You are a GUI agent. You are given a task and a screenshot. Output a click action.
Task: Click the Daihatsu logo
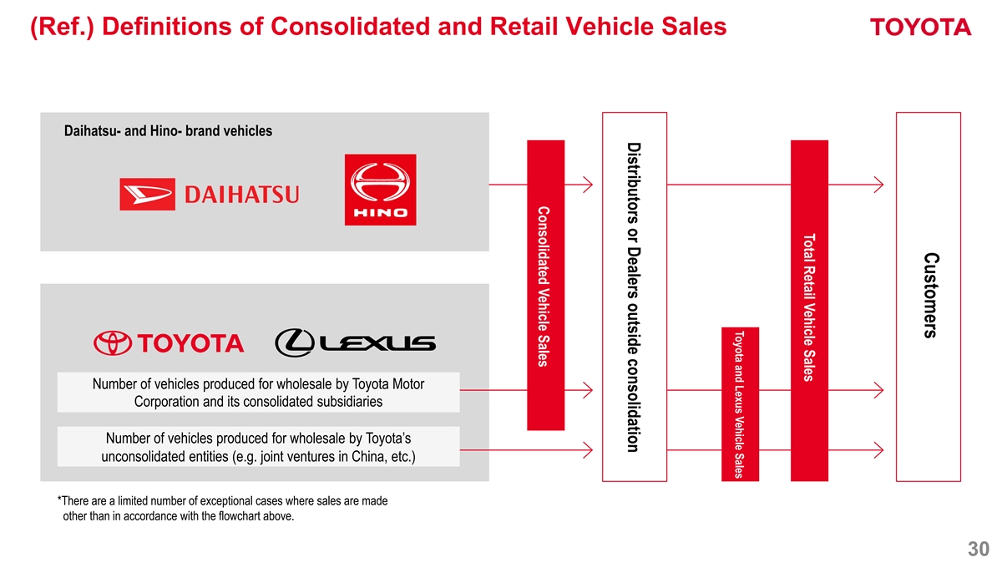(x=209, y=194)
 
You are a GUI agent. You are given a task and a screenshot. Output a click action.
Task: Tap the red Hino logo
(x=380, y=190)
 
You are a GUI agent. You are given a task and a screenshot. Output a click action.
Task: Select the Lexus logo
(x=355, y=343)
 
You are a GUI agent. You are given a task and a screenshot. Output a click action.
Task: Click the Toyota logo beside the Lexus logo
(x=168, y=343)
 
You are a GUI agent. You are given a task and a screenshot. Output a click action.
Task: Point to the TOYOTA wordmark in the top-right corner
(x=921, y=28)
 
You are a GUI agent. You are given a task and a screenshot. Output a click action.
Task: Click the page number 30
(x=978, y=549)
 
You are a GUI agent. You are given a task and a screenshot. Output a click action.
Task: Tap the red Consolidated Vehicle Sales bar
(x=546, y=284)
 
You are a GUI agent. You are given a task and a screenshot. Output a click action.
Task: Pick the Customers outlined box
(x=929, y=297)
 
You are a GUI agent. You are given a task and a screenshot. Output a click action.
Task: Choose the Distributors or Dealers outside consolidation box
(x=634, y=297)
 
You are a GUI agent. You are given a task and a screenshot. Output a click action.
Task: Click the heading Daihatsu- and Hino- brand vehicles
(x=168, y=131)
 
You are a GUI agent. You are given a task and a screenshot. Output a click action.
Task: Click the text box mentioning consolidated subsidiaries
(x=258, y=393)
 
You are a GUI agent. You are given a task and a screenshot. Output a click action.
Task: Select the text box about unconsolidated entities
(x=258, y=448)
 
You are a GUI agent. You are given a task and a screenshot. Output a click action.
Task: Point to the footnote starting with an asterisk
(x=222, y=508)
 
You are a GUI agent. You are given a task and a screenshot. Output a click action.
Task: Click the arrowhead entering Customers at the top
(x=879, y=185)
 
